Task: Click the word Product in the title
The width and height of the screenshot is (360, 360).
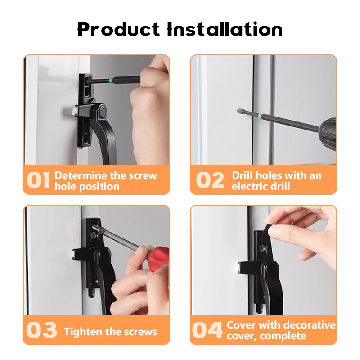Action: [118, 29]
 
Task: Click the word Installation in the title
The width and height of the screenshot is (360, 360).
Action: [225, 29]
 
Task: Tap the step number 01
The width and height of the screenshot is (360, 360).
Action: [38, 180]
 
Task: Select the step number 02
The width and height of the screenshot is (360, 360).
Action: [210, 180]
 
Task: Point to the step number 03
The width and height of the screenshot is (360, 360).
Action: [41, 330]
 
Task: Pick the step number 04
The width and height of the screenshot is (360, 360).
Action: [207, 330]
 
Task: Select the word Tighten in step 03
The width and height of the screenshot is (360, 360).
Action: [83, 332]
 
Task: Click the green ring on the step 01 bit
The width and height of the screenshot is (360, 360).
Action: [111, 81]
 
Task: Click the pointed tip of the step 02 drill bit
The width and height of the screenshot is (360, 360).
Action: [237, 110]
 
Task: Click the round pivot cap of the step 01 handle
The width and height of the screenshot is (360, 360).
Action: [102, 111]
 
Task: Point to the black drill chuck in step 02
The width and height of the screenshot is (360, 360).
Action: [328, 134]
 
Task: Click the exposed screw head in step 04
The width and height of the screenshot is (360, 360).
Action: [262, 247]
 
